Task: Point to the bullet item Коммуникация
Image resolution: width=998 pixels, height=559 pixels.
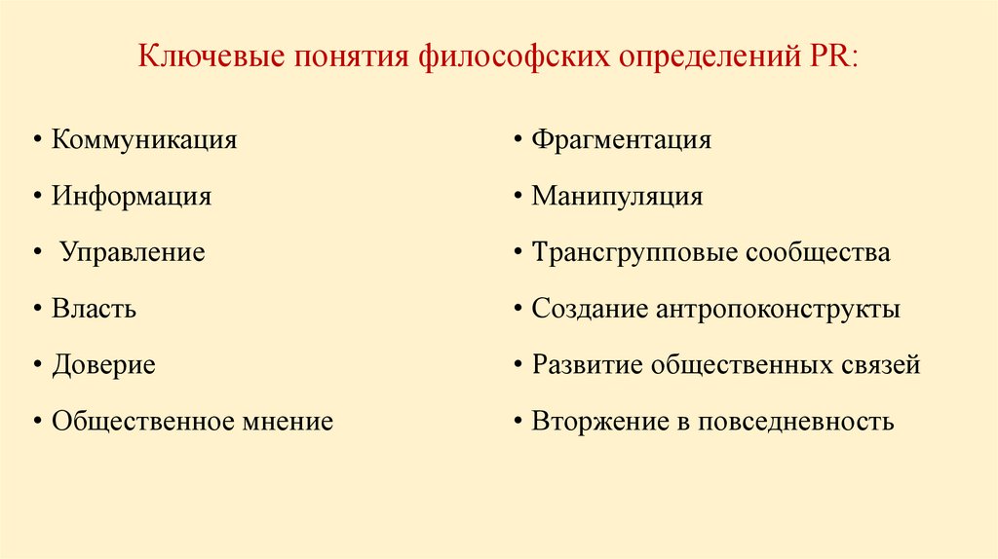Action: (x=144, y=139)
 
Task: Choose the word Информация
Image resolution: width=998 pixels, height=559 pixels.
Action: (x=132, y=196)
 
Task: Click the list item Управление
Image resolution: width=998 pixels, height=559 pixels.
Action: (x=133, y=252)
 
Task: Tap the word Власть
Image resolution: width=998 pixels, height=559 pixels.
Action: (x=94, y=309)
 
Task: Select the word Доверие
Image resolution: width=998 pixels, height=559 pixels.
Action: (x=103, y=365)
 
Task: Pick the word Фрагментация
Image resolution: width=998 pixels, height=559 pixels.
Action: (x=621, y=139)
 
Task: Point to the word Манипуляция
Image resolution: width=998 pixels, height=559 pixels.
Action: (x=617, y=196)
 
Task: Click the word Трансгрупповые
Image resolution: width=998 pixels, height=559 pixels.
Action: (x=634, y=252)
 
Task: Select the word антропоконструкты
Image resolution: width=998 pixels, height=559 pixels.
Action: (x=779, y=310)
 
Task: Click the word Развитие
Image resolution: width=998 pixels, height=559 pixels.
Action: (x=587, y=365)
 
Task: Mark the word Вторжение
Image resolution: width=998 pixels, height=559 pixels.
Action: (x=592, y=422)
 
